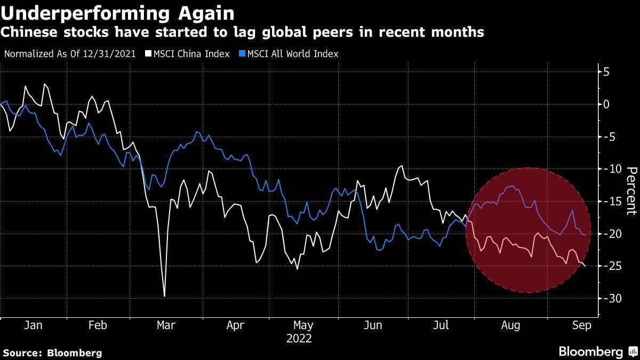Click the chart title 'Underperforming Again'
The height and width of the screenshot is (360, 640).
[x=117, y=12]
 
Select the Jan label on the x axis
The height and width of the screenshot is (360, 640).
[x=34, y=325]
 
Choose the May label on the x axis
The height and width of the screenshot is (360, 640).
[x=303, y=325]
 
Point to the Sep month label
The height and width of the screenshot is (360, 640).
[x=581, y=325]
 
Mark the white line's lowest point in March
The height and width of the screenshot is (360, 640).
[x=164, y=296]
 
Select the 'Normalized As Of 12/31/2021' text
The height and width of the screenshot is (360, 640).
[x=69, y=54]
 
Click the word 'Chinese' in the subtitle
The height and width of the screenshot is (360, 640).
[x=27, y=33]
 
